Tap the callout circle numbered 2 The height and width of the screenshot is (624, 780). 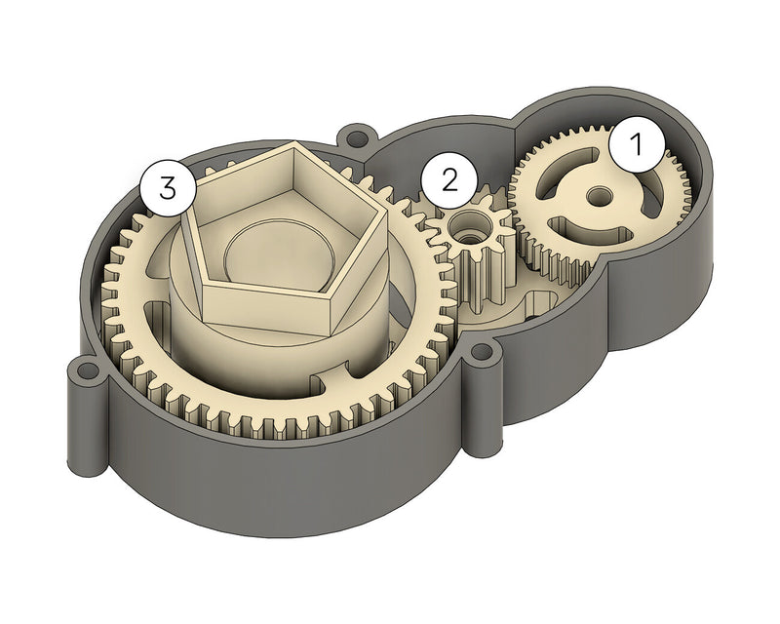click(448, 179)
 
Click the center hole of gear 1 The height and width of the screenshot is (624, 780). click(595, 197)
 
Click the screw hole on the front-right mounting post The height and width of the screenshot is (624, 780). click(483, 353)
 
